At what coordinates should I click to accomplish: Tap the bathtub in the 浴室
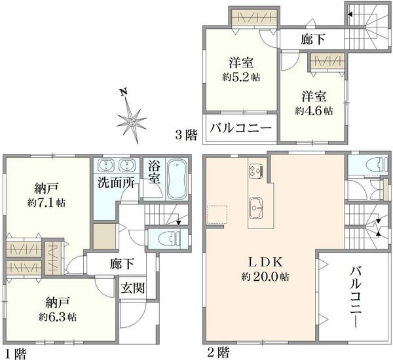click(178, 179)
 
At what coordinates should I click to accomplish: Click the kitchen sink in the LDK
click(255, 207)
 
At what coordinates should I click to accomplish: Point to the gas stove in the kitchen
click(255, 171)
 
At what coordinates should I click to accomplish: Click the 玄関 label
click(133, 288)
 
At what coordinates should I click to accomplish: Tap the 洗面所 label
click(116, 183)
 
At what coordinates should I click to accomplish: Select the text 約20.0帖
click(265, 277)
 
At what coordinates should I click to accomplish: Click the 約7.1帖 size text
click(47, 202)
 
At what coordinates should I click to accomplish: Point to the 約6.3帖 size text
click(58, 317)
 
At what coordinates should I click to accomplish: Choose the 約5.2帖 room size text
click(241, 77)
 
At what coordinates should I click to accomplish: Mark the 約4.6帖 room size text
click(314, 111)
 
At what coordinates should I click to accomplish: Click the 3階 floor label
click(186, 135)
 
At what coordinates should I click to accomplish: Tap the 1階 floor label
click(16, 353)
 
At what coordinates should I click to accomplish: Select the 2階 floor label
click(218, 352)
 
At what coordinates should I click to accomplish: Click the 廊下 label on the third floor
click(313, 39)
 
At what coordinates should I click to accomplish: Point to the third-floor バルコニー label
click(240, 128)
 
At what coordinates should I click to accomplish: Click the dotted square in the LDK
click(217, 215)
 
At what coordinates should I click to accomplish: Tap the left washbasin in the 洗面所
click(106, 166)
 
